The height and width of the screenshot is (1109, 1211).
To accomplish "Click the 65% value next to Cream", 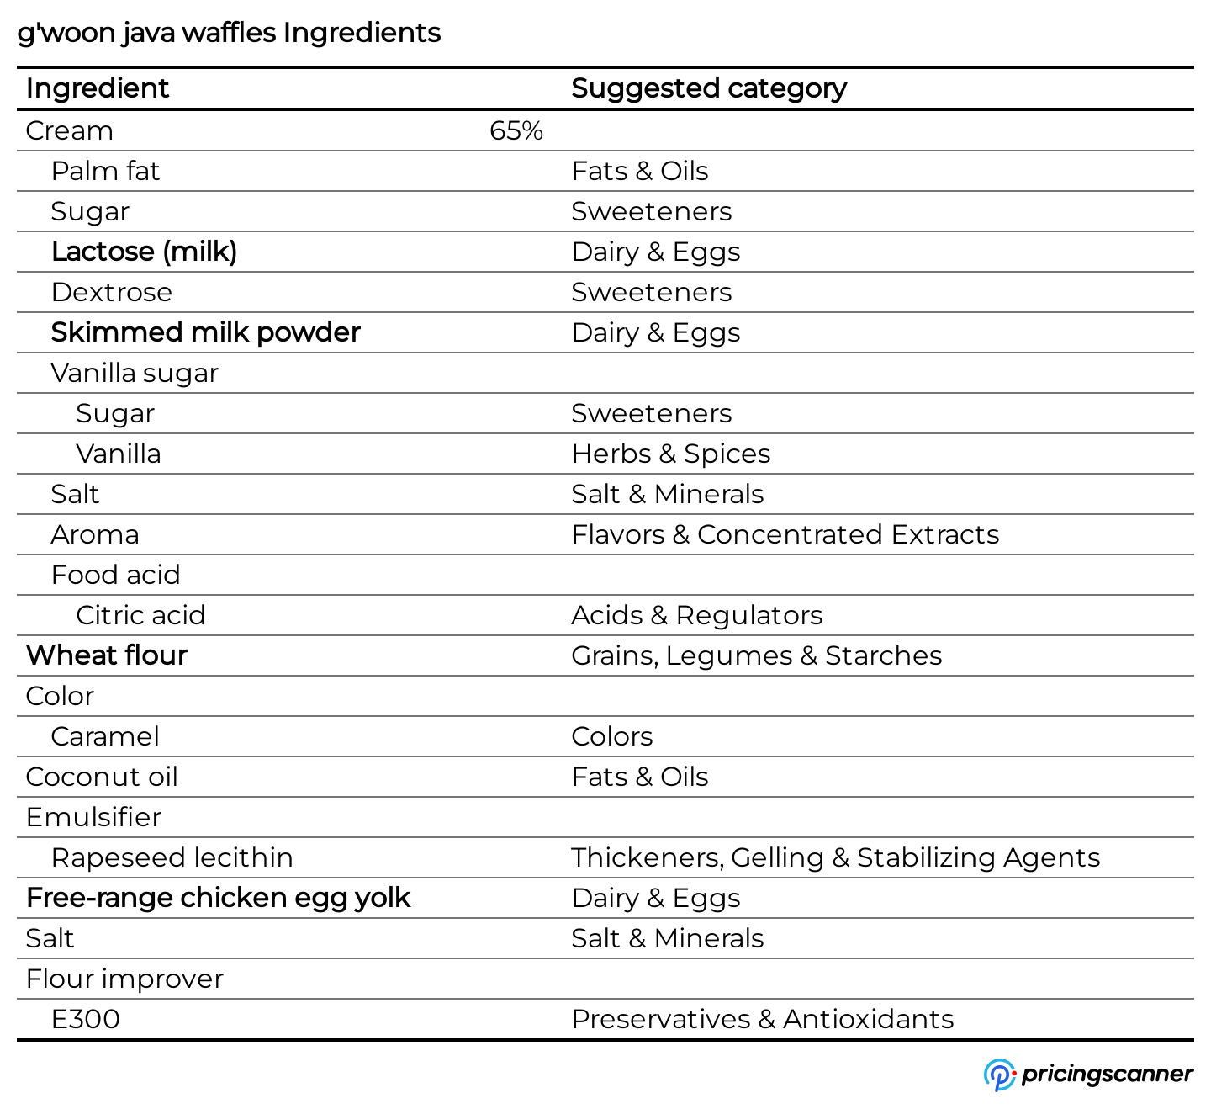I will (x=516, y=131).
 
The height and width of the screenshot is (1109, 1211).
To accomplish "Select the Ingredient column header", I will (x=98, y=88).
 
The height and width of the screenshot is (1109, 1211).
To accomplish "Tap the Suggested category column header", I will (x=708, y=88).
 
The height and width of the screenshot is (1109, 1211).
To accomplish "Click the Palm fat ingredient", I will (x=105, y=172).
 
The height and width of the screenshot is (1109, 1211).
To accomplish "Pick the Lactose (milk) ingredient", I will (x=144, y=252).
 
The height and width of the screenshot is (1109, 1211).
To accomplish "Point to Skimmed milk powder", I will (x=205, y=332).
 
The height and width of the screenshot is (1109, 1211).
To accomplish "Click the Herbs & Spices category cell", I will (x=670, y=454).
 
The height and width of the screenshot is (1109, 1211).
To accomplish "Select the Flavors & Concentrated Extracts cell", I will (x=785, y=534).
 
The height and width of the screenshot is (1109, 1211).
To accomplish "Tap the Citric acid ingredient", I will (x=140, y=615).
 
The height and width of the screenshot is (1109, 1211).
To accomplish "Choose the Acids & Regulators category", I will (x=696, y=615).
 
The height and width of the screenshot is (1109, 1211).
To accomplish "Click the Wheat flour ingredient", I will (x=107, y=655).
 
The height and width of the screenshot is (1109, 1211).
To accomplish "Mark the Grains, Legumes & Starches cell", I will (x=756, y=655).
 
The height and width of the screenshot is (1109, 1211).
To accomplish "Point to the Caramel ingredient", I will (x=105, y=736).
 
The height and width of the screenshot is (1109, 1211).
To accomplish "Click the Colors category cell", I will (x=611, y=736).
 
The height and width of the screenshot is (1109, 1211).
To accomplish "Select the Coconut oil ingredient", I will (x=102, y=777).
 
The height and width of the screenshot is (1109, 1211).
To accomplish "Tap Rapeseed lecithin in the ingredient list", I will (x=172, y=857).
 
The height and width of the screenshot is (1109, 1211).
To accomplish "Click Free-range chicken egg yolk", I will (x=218, y=898).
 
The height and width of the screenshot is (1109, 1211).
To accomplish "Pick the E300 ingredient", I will (x=86, y=1019).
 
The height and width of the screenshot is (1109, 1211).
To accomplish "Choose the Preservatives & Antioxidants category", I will (x=762, y=1019).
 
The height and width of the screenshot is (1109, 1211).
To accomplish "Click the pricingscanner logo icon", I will (x=999, y=1075).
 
